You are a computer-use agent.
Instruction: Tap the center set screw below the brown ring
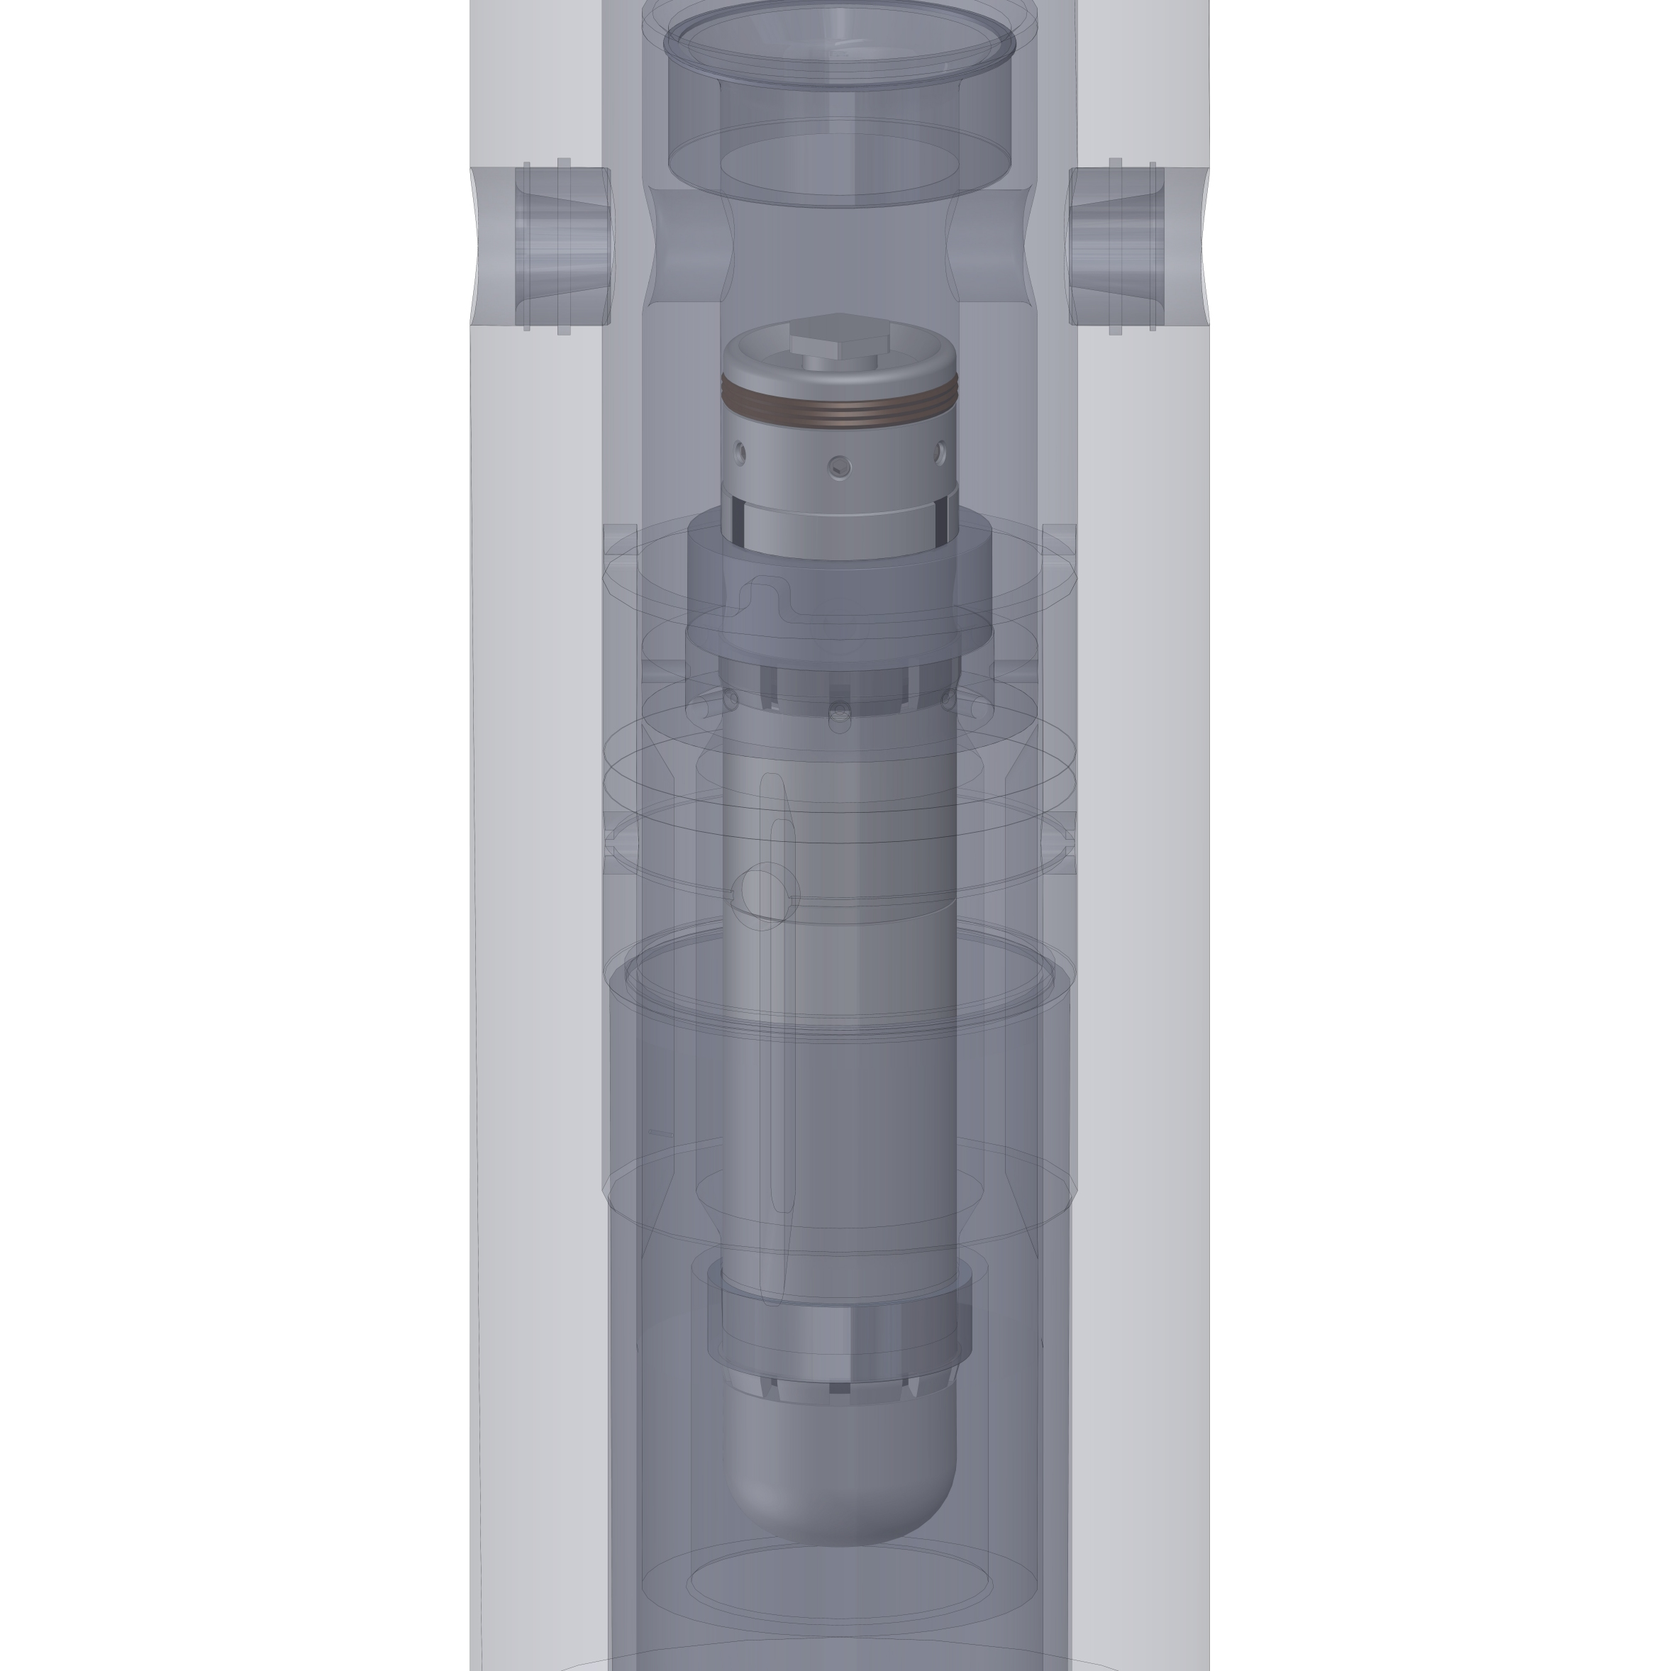839,468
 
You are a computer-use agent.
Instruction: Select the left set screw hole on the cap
740,452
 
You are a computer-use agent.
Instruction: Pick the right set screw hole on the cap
940,452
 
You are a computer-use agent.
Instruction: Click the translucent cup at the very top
839,104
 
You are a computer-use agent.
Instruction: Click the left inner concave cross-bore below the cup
687,247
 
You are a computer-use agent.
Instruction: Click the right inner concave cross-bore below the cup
990,247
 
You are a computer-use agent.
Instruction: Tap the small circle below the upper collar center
839,717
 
